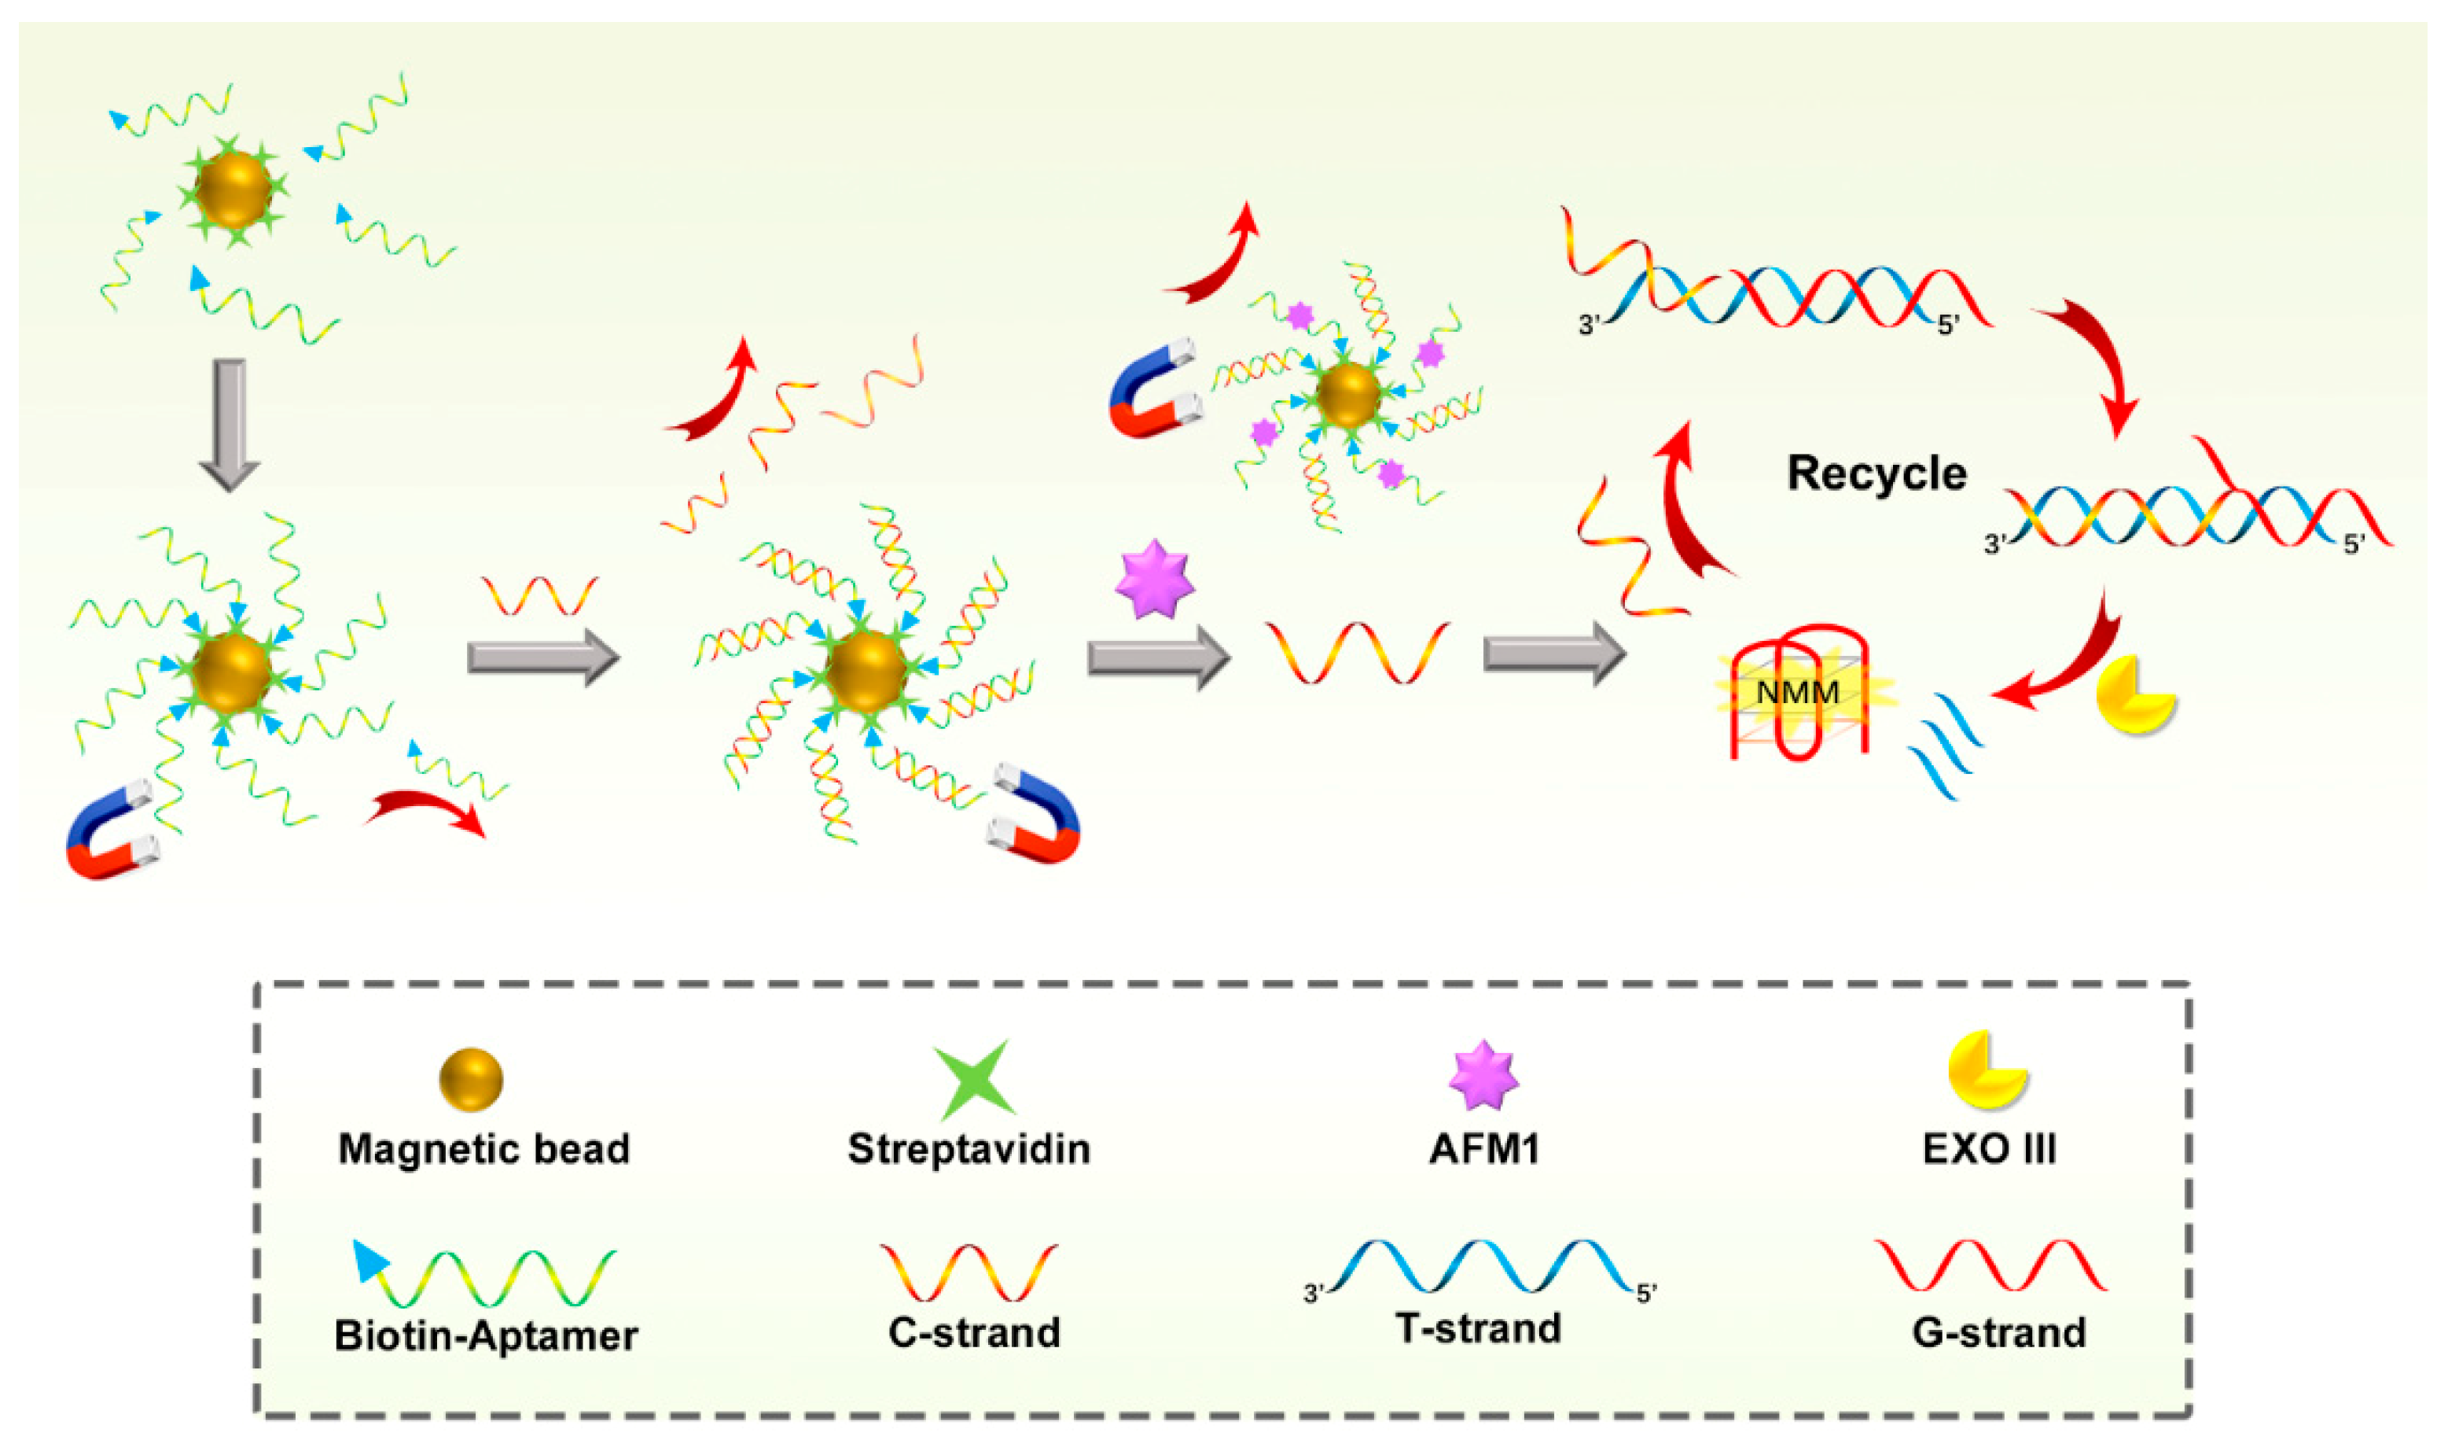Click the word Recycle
tap(1876, 473)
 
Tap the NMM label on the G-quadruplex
tap(1798, 693)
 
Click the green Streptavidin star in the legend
tap(973, 1080)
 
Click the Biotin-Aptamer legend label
tap(486, 1336)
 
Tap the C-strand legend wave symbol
tap(969, 1272)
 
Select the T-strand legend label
tap(1478, 1328)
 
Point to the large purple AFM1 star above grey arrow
tap(1154, 580)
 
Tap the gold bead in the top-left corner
tap(233, 189)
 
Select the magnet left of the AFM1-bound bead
tap(1153, 387)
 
